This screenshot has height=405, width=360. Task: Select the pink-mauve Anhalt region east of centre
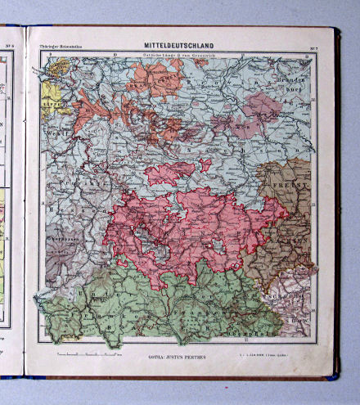260,106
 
